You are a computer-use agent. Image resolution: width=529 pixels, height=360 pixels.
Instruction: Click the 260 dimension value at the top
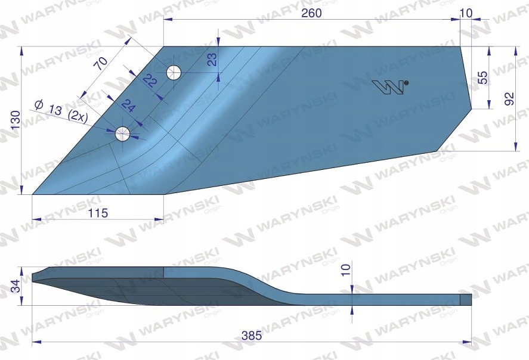click(311, 13)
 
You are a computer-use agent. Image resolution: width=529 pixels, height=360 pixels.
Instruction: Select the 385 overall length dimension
click(252, 336)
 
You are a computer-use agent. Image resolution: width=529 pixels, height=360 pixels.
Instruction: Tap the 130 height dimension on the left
click(16, 120)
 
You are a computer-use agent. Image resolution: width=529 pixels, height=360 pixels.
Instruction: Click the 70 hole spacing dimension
click(101, 63)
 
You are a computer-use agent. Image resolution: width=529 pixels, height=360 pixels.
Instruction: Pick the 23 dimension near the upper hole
click(212, 60)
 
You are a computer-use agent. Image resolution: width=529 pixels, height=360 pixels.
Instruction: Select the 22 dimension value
click(150, 81)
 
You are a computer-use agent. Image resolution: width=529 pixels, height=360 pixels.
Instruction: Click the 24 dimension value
click(129, 106)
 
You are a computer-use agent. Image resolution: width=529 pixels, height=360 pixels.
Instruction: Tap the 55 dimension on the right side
click(483, 77)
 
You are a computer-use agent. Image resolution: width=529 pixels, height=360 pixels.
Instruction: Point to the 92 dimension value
click(509, 99)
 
